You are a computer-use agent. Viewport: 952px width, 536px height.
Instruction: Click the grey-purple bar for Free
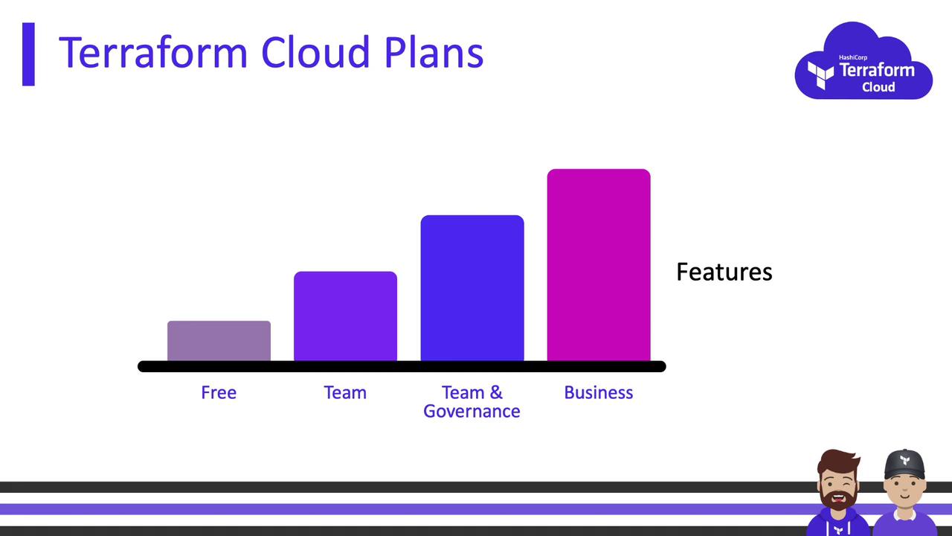click(x=219, y=341)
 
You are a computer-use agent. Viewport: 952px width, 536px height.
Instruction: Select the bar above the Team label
click(x=346, y=316)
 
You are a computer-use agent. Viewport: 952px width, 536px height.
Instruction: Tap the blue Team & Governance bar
click(x=472, y=288)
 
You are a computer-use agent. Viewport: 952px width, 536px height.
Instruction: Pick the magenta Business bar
click(x=599, y=265)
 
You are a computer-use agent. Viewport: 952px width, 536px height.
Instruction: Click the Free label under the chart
click(x=219, y=392)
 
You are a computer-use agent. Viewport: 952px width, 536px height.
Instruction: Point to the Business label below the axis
click(x=599, y=392)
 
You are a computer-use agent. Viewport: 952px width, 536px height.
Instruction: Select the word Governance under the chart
click(x=472, y=412)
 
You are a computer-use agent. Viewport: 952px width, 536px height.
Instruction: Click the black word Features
click(x=724, y=272)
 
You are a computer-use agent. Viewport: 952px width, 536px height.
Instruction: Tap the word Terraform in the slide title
click(x=153, y=52)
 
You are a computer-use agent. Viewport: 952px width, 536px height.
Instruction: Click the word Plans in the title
click(x=434, y=52)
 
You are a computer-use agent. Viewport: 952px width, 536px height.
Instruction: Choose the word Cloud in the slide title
click(x=315, y=52)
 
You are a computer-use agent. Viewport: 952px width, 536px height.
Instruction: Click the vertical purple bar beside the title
click(x=28, y=54)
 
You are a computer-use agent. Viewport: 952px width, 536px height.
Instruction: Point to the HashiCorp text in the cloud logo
click(x=853, y=57)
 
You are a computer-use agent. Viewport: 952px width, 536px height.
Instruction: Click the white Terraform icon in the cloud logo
click(x=820, y=75)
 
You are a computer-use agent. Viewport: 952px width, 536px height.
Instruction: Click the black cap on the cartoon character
click(x=905, y=465)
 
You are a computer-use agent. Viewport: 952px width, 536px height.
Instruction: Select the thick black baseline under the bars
click(x=402, y=366)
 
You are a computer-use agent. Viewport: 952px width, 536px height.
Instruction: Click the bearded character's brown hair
click(x=838, y=461)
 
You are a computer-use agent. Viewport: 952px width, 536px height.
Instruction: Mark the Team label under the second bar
click(x=345, y=392)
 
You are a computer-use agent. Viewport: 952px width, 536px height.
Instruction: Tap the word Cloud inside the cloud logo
click(x=878, y=87)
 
